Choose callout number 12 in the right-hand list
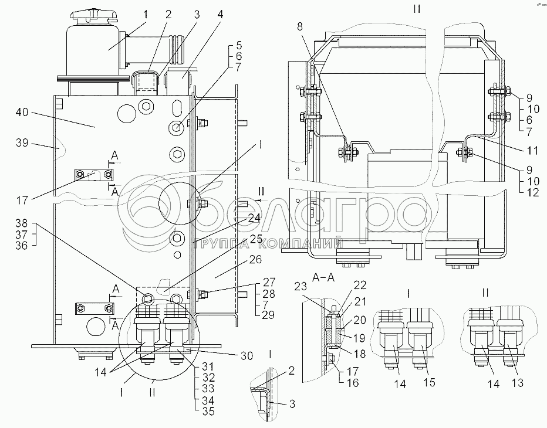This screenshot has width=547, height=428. (532, 191)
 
